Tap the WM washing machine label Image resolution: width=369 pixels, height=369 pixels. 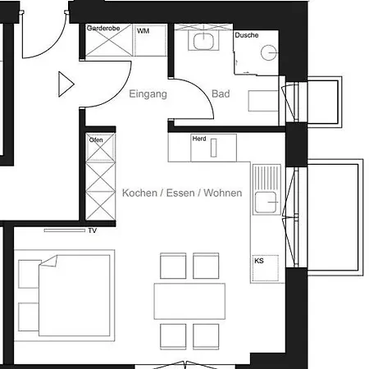pyautogui.click(x=143, y=30)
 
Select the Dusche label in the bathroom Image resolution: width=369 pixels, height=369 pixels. pyautogui.click(x=246, y=35)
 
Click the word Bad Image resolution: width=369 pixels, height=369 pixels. pyautogui.click(x=221, y=94)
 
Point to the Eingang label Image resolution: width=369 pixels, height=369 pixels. pyautogui.click(x=148, y=94)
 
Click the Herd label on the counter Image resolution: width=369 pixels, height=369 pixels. pyautogui.click(x=198, y=139)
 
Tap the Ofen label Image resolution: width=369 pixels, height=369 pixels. pyautogui.click(x=96, y=139)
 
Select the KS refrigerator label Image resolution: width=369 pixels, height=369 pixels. pyautogui.click(x=259, y=261)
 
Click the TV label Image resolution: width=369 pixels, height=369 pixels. pyautogui.click(x=92, y=231)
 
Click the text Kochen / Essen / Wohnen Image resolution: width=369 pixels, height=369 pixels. pyautogui.click(x=182, y=194)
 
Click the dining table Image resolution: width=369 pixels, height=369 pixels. pyautogui.click(x=189, y=301)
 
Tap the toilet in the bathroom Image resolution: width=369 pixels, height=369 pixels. pyautogui.click(x=262, y=99)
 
